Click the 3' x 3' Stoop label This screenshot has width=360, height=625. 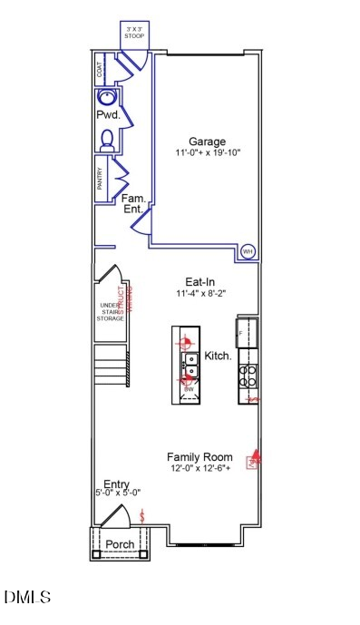[134, 32]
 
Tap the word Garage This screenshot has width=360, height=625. [207, 141]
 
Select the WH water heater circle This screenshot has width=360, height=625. [247, 251]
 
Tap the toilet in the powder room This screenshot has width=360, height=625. [106, 139]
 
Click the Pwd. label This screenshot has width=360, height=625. [109, 116]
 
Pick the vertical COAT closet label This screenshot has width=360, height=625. [99, 66]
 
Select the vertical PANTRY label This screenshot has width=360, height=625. [99, 178]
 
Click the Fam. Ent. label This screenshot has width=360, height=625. [134, 203]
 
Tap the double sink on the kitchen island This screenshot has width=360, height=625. [191, 361]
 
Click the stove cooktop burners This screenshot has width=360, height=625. [248, 376]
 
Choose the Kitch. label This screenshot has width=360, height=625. [219, 356]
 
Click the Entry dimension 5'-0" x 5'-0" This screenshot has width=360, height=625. [116, 493]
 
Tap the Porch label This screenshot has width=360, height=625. [120, 544]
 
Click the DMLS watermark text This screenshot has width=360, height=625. [27, 597]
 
